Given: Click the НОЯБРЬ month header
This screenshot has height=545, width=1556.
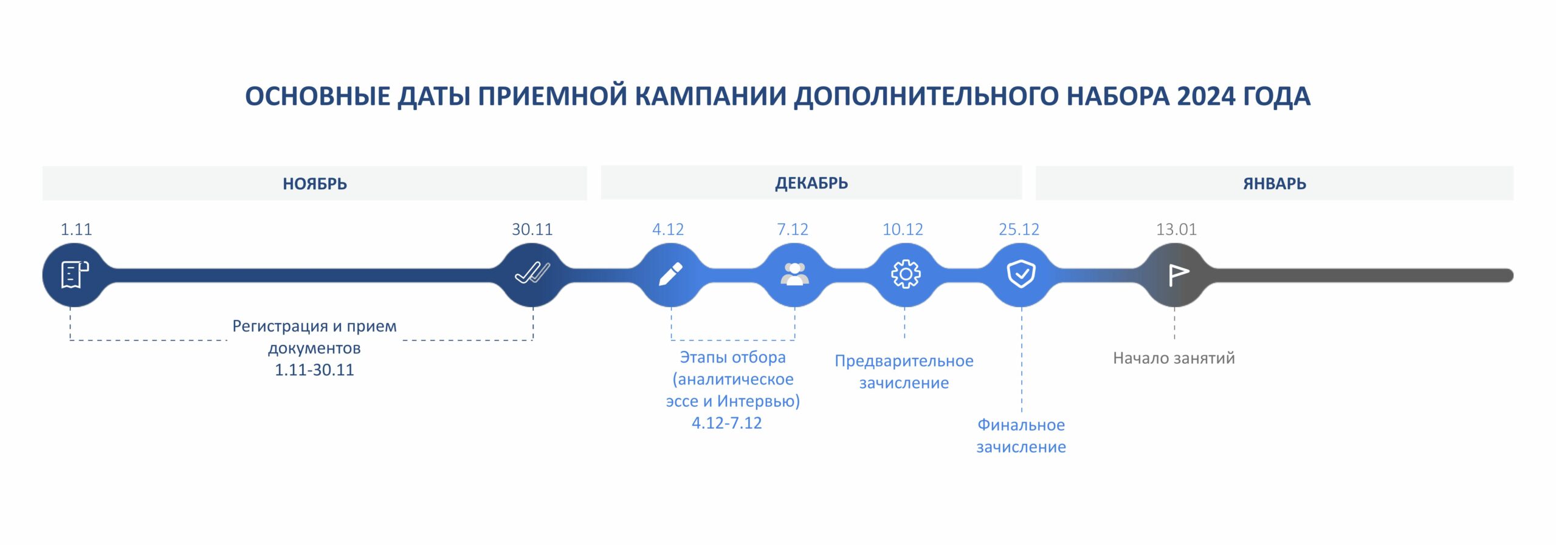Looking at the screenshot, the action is [x=314, y=184].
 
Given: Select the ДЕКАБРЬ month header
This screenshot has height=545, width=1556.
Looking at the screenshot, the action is [x=811, y=183].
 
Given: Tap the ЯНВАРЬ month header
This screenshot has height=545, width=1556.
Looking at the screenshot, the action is [x=1275, y=184].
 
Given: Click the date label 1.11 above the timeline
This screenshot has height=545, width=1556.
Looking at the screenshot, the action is [x=76, y=229].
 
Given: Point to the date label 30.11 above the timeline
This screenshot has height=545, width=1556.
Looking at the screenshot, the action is [x=532, y=229].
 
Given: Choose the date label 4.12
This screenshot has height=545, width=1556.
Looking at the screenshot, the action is [x=668, y=229].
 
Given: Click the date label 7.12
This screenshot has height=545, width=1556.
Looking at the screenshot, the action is [x=793, y=229].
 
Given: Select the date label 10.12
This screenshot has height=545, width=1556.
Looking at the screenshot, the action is [x=903, y=229].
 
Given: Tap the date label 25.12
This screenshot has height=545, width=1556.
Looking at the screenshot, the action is [x=1019, y=229].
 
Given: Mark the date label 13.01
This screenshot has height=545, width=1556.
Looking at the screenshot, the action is [x=1176, y=229].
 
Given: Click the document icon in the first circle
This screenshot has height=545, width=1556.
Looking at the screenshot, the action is [x=75, y=274].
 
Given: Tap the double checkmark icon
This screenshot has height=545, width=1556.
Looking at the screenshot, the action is [x=532, y=273].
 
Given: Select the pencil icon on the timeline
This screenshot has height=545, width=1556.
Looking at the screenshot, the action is [x=670, y=274].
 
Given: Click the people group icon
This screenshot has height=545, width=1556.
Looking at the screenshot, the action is [x=794, y=274].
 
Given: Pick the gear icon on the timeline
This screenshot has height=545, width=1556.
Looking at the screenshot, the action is [x=906, y=274].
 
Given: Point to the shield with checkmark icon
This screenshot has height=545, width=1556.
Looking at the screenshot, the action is [x=1021, y=274].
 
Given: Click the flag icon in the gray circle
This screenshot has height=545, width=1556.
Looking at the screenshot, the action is [x=1179, y=275].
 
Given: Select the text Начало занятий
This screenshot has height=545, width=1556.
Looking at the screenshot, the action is [x=1174, y=358].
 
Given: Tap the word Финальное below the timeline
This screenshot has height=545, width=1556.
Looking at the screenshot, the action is [x=1021, y=425].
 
